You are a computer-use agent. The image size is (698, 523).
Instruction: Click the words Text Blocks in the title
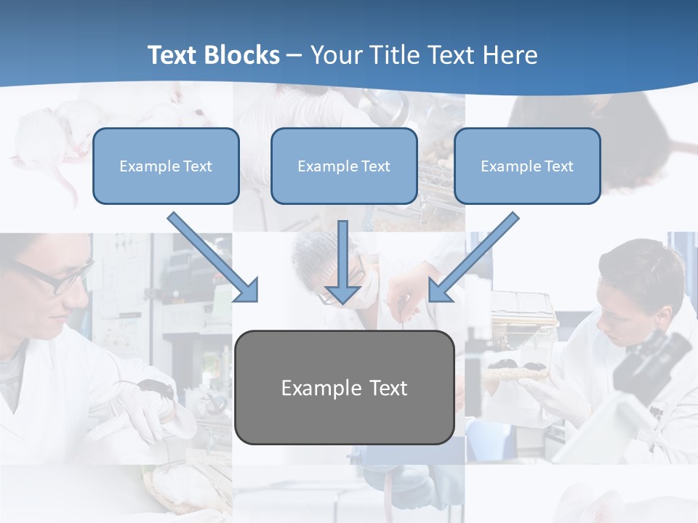(213, 55)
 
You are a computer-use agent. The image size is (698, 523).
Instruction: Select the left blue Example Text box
(166, 166)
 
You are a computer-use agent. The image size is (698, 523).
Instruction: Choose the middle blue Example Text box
(344, 166)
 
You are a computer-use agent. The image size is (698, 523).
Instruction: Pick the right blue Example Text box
(527, 166)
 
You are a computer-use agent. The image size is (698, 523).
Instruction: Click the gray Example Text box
(344, 388)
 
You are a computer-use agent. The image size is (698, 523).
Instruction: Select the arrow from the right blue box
(473, 258)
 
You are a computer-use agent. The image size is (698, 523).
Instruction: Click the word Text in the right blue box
(558, 166)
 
